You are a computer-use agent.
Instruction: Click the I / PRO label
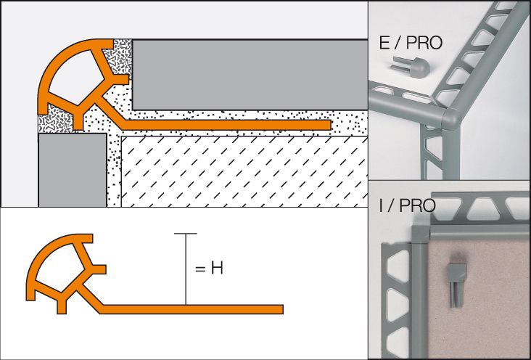click(x=406, y=205)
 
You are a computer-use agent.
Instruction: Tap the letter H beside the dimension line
click(x=215, y=269)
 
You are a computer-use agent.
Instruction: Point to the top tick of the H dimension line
click(x=186, y=234)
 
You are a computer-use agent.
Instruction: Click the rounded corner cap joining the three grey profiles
click(x=451, y=117)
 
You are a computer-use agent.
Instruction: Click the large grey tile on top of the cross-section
click(x=247, y=73)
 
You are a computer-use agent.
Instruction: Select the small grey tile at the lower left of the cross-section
click(x=62, y=171)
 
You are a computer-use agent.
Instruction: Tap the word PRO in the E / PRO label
click(x=424, y=43)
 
